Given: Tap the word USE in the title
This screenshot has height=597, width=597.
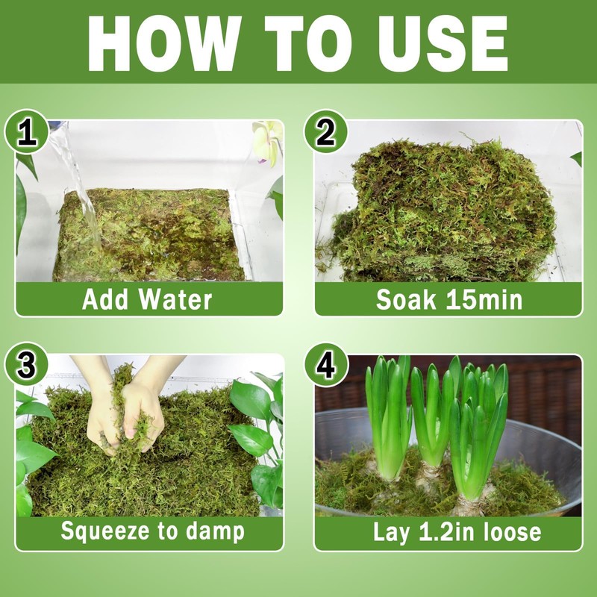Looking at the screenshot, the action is pos(443,43).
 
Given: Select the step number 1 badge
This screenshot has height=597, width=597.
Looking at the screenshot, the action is pos(27,132).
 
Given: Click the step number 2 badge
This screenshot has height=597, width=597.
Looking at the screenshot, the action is pos(325,132).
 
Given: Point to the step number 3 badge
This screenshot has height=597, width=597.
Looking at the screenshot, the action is pos(27,365).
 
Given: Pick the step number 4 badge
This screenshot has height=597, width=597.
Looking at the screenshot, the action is pos(326,366).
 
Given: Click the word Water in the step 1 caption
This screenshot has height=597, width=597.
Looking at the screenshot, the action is pos(175,299).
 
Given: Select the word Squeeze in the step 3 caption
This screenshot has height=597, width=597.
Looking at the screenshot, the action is pos(105,531).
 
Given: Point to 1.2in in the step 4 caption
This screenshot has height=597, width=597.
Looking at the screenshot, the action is pos(448,531).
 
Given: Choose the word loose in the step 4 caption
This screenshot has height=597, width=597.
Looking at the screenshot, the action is pos(512,531).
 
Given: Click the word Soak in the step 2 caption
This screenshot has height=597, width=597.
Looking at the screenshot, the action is pos(405,299).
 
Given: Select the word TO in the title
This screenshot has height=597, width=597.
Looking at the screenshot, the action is pos(308,43).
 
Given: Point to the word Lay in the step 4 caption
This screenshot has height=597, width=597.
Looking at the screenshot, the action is pos(391,532).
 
